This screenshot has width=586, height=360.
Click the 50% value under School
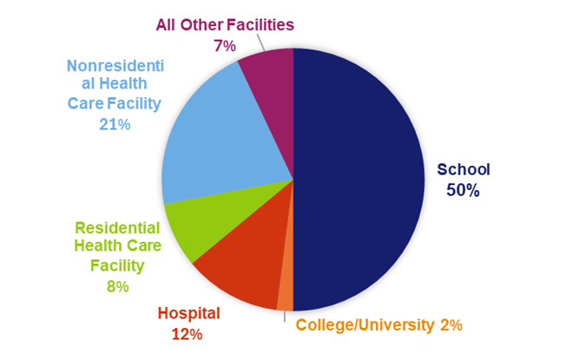click(463, 190)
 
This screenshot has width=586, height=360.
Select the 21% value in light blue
click(115, 125)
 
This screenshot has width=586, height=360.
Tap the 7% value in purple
click(224, 46)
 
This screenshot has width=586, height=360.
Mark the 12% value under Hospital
click(188, 334)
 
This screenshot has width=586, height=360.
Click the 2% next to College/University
click(450, 325)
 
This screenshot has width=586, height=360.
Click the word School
click(464, 169)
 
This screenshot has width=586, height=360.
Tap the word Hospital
click(188, 313)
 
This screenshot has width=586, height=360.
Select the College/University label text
click(365, 325)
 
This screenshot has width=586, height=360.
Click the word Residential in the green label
click(117, 228)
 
